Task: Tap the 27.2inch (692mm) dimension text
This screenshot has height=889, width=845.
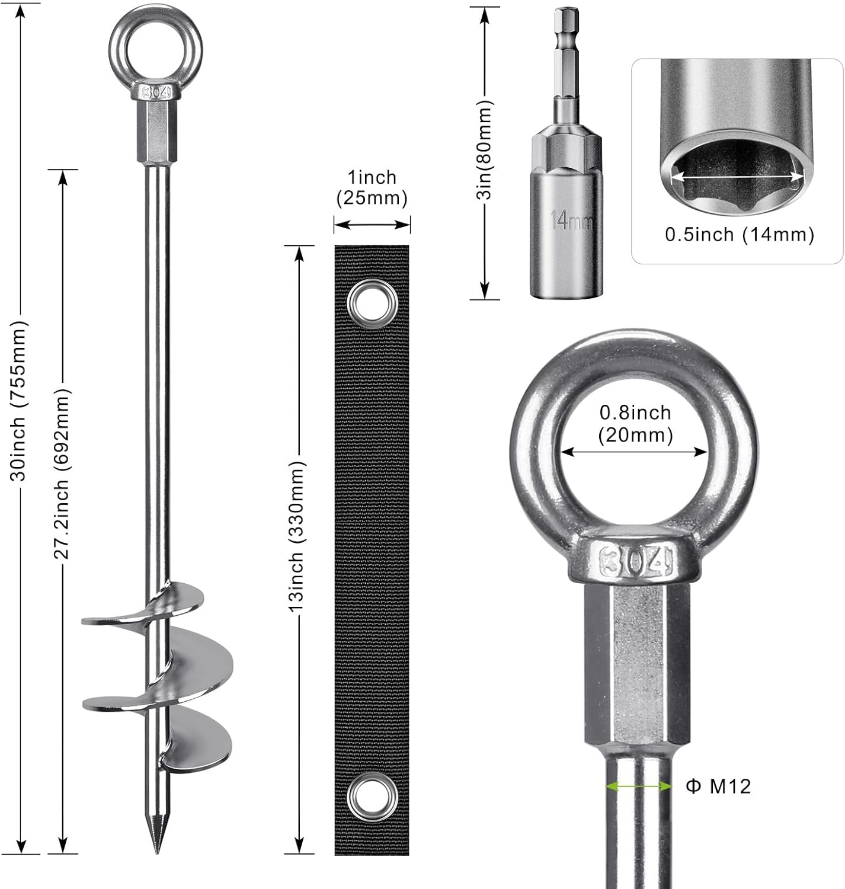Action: (62, 474)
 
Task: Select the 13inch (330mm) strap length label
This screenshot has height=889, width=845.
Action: (297, 537)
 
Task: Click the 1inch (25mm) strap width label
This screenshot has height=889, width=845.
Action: (372, 188)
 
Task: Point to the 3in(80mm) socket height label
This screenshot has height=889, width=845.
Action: (485, 151)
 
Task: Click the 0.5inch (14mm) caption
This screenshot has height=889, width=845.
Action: (739, 235)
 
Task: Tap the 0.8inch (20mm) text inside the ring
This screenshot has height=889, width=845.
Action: (635, 424)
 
